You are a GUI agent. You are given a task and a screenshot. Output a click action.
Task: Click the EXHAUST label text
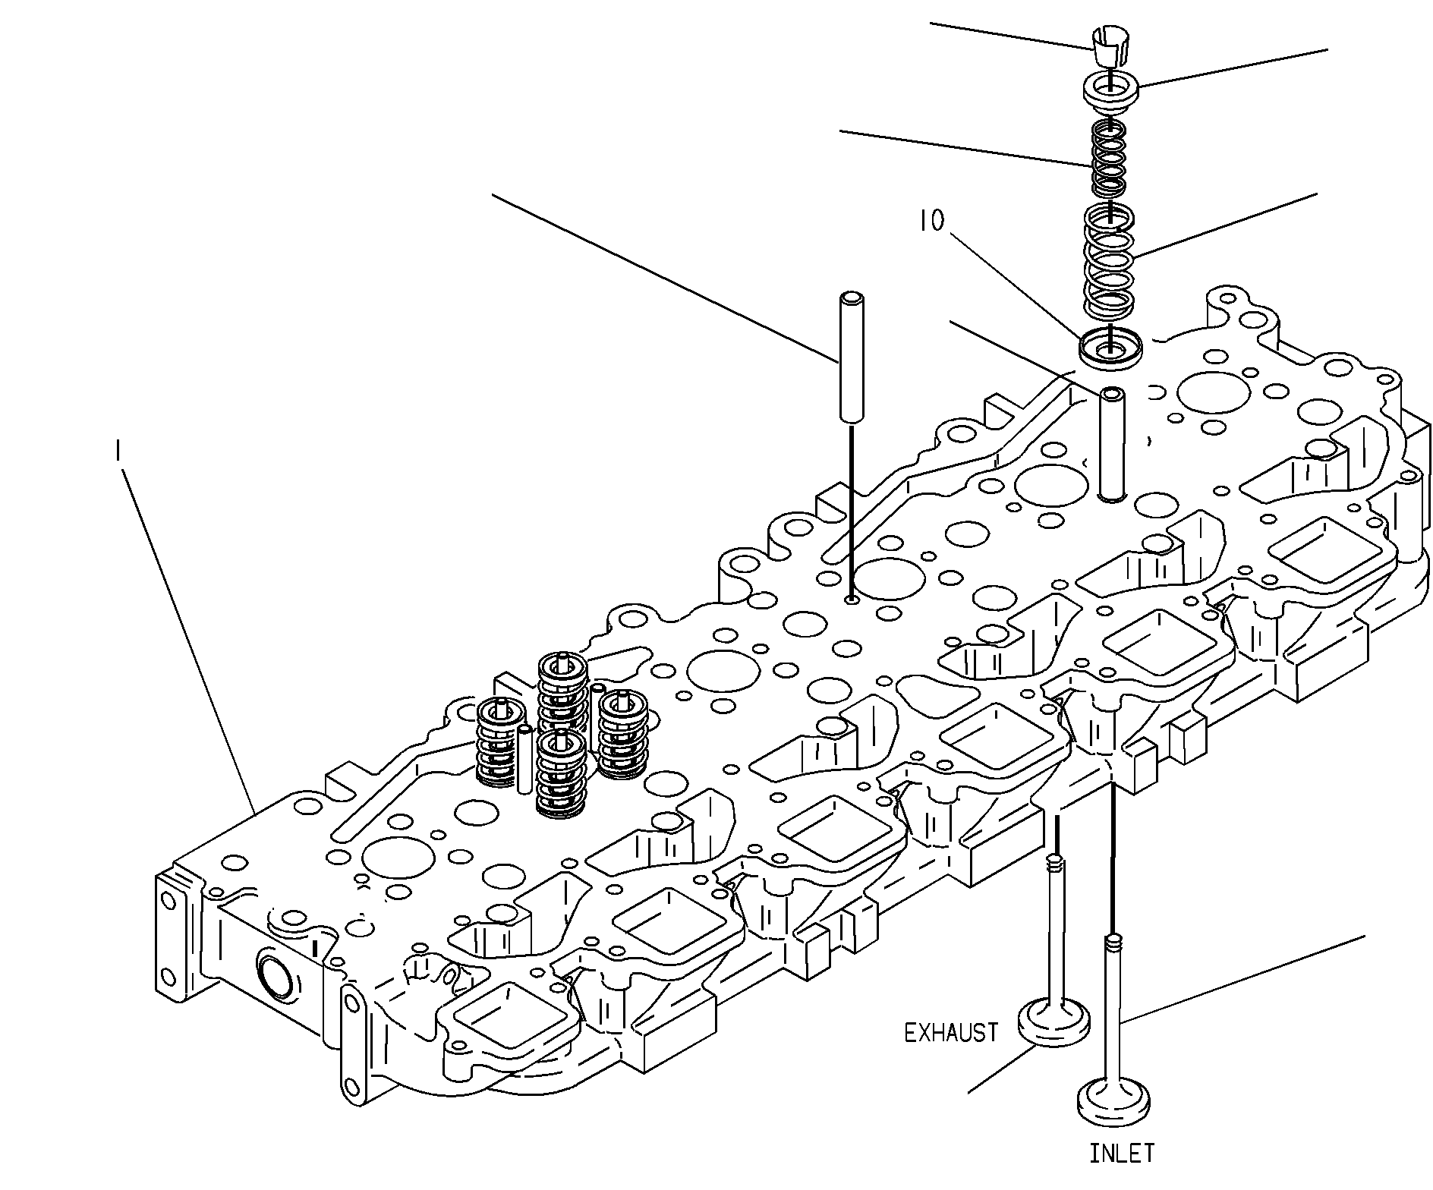(x=951, y=1032)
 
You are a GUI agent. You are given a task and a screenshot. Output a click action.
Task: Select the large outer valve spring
(x=1109, y=260)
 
